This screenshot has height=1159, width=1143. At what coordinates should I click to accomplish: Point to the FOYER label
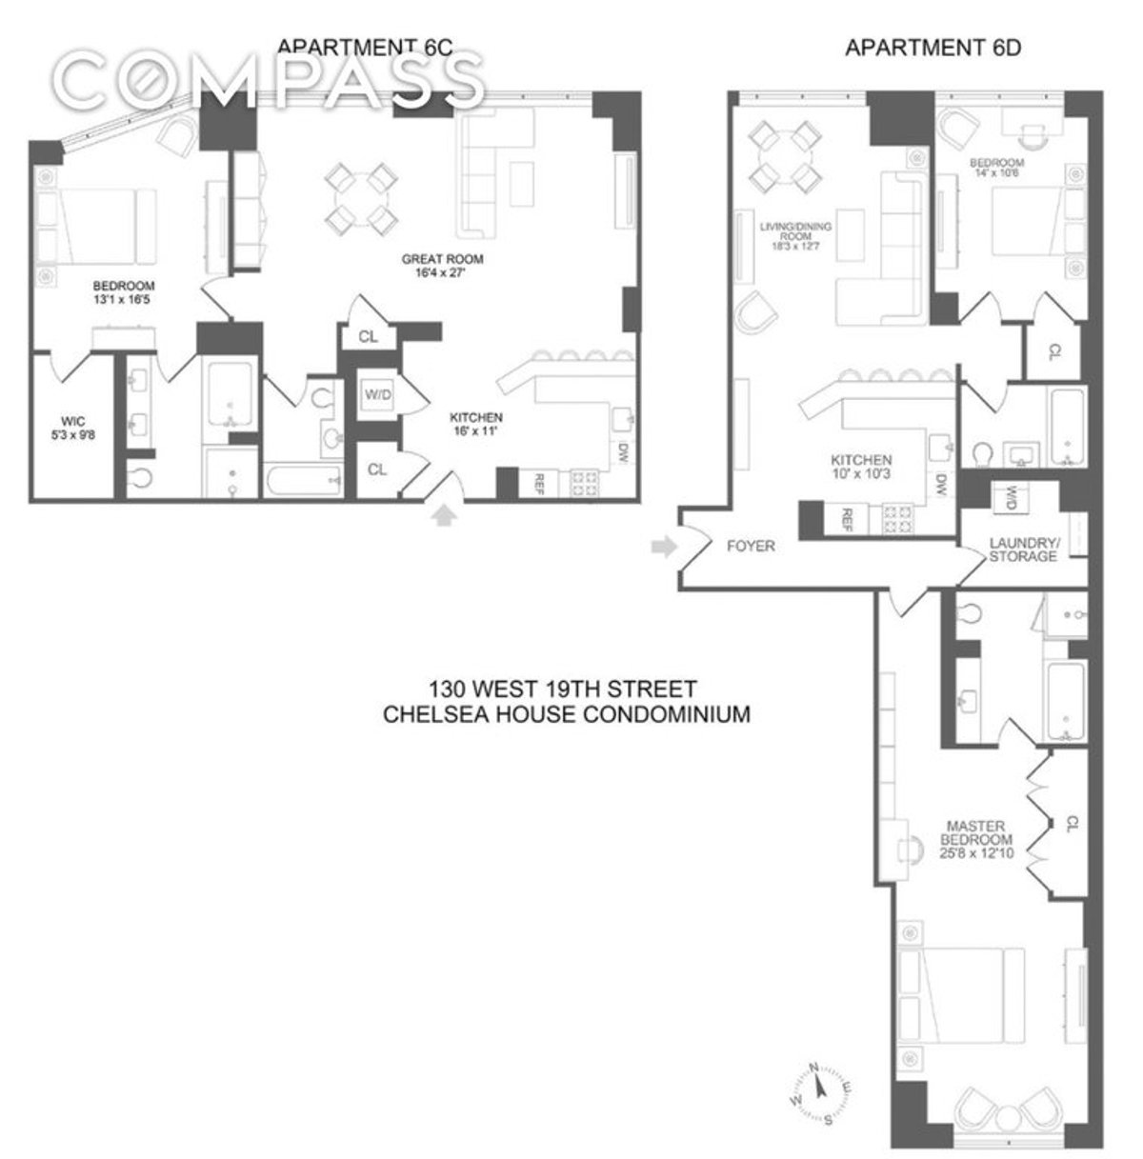coord(751,546)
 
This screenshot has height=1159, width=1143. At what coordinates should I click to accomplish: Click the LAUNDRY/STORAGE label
coord(1023,549)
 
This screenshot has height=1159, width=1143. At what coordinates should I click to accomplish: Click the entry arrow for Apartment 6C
coord(444,515)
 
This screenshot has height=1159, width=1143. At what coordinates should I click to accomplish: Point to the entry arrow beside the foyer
coord(662,546)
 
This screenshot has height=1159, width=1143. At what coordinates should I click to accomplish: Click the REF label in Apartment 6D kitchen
coord(845,518)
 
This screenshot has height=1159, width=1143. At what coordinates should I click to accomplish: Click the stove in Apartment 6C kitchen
coord(583,483)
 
